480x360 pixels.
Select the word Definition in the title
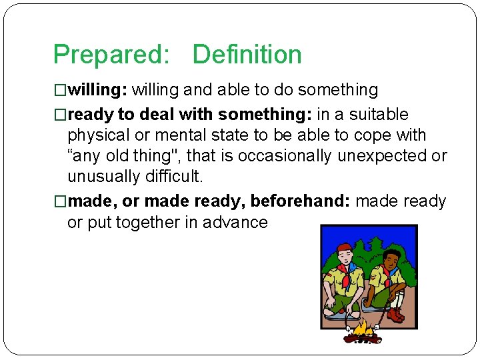247,55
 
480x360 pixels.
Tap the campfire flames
363,328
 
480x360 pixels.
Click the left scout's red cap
343,248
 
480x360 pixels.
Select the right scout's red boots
396,313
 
